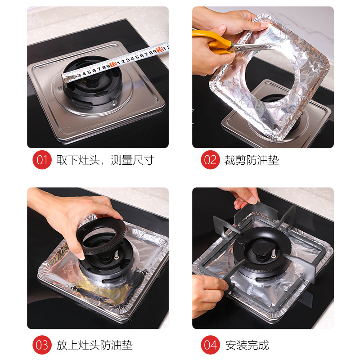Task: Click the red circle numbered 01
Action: [x=42, y=160]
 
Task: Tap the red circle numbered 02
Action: [x=210, y=160]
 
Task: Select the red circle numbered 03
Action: [x=42, y=345]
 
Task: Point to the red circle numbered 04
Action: [x=210, y=345]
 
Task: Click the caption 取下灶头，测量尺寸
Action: [x=105, y=160]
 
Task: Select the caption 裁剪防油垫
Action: [x=252, y=160]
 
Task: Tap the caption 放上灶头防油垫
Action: [x=94, y=345]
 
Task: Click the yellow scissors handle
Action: [x=211, y=43]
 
